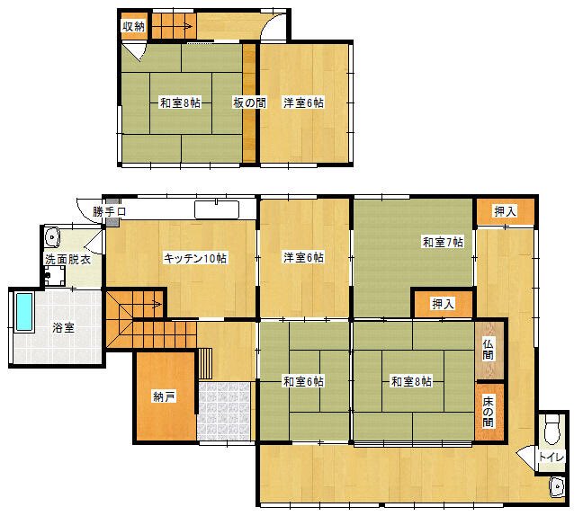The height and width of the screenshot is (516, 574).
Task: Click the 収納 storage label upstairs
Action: click(133, 26)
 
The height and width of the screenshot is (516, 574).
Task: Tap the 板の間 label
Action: click(249, 102)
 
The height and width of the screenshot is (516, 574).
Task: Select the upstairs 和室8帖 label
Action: click(181, 102)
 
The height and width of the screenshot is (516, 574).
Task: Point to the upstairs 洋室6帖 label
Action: click(303, 102)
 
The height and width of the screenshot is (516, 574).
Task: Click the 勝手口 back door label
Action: click(109, 211)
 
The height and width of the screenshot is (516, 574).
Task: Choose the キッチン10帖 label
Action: click(195, 258)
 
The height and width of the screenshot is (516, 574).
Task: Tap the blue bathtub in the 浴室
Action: click(24, 312)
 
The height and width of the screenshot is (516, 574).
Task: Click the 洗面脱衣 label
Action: click(67, 260)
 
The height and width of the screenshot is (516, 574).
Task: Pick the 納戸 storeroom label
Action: click(165, 396)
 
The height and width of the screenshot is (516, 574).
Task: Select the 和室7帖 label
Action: click(444, 242)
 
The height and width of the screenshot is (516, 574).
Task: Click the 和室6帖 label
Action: click(303, 382)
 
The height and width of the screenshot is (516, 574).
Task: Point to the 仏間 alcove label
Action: click(488, 350)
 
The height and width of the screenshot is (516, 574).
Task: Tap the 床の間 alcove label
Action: click(488, 412)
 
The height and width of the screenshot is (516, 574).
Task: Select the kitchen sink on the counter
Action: click(217, 210)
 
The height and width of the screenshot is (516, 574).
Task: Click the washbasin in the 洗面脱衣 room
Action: click(52, 237)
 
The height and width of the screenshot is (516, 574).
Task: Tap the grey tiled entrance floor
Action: click(224, 412)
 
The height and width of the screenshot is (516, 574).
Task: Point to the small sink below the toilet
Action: click(556, 486)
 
